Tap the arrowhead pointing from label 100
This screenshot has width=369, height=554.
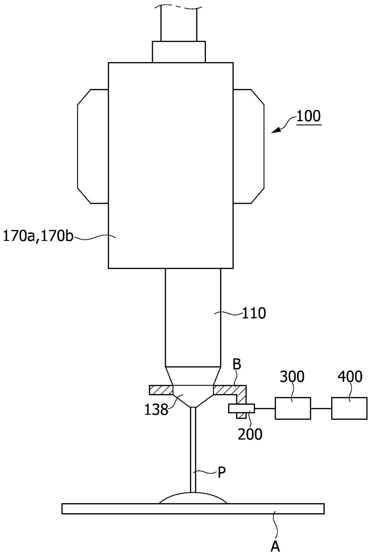[276, 130]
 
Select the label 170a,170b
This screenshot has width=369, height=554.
[38, 237]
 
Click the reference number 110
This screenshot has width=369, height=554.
[254, 313]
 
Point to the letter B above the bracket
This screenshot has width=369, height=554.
[237, 365]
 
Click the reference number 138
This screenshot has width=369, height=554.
[156, 409]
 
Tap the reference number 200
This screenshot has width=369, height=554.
[250, 434]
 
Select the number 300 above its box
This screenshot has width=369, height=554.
[292, 377]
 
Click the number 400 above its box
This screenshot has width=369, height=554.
[350, 377]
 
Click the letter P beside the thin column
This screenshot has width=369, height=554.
[221, 472]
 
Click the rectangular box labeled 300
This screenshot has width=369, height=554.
[293, 408]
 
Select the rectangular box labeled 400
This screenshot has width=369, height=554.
[349, 408]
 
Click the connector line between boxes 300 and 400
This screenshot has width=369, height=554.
[321, 409]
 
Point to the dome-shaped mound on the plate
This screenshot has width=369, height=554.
[193, 498]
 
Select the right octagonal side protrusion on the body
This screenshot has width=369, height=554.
[249, 146]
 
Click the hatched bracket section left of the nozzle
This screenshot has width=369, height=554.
[161, 390]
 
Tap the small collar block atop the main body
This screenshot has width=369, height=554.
[179, 52]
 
